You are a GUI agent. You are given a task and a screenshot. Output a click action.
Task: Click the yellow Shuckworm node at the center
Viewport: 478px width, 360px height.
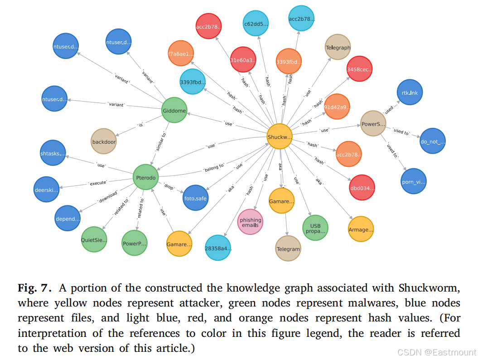coord(279,136)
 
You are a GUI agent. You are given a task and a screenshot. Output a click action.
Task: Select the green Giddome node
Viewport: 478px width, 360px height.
coord(174,110)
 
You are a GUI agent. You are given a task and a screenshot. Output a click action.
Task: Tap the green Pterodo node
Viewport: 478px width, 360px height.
coord(145,177)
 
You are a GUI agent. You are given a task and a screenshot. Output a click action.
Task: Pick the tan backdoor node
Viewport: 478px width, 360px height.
coord(104,141)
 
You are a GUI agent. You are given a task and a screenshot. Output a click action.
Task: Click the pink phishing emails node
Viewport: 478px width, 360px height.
coord(251,222)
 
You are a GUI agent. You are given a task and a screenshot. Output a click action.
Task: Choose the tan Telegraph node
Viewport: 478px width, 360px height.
coord(338,48)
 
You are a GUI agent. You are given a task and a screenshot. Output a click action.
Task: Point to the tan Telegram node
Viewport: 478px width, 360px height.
coord(288,248)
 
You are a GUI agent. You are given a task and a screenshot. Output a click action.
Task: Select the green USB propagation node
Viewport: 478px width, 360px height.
coord(315,228)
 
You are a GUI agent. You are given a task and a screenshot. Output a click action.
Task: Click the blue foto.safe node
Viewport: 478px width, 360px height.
coord(195,197)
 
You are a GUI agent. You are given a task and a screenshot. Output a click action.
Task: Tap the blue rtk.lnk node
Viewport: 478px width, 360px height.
coord(409,92)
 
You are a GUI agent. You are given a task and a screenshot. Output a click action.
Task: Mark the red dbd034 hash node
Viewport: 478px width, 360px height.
coord(362,187)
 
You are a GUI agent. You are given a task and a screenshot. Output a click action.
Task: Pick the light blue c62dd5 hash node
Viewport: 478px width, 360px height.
coord(256,24)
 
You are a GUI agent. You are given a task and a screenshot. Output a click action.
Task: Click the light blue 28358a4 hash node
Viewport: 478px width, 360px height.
coord(218,248)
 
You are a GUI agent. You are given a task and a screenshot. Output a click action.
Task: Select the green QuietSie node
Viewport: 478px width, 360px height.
coord(94,240)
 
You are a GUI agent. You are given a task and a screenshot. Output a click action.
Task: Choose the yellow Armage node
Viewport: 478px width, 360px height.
coord(361,229)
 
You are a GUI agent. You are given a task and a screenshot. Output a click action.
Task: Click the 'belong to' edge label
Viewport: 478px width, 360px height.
coord(214,167)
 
